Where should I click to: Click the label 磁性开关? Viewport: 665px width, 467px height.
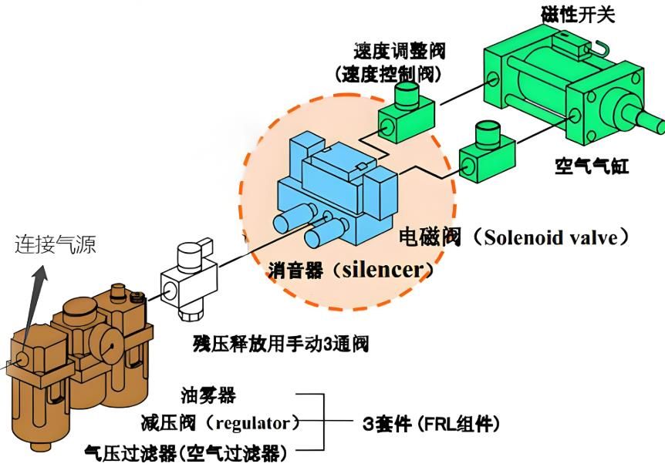[x=576, y=13]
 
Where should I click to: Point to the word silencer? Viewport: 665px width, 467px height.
[x=383, y=270]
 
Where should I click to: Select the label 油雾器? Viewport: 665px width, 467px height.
[x=208, y=396]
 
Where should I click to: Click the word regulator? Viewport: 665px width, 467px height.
[x=254, y=423]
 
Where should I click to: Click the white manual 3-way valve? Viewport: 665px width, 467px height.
[x=184, y=281]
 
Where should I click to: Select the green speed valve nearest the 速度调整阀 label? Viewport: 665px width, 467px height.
[x=406, y=112]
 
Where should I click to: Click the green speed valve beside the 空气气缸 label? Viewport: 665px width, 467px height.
[x=484, y=151]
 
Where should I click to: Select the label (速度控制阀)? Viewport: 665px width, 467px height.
[x=390, y=74]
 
